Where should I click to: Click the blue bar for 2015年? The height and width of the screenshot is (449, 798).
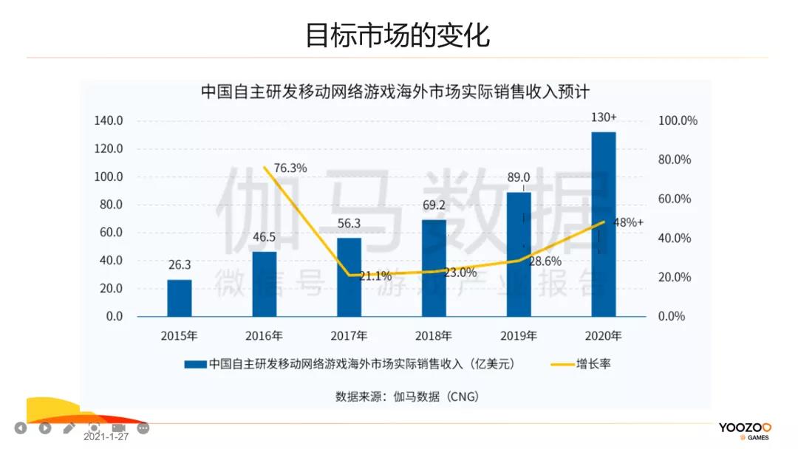tap(180, 298)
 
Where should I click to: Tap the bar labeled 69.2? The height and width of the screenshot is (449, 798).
tap(434, 267)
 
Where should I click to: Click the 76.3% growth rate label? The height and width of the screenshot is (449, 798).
tap(290, 168)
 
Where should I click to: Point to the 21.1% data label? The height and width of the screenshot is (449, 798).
tap(375, 276)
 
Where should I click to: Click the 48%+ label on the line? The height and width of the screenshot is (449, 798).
tap(628, 222)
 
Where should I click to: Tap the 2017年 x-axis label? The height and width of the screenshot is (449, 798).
tap(349, 336)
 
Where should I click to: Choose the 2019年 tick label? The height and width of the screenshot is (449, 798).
tap(519, 336)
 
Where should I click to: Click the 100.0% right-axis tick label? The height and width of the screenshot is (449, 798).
tap(678, 121)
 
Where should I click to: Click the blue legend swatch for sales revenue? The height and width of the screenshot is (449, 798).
tap(195, 364)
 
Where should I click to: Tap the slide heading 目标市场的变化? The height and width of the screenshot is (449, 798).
tap(398, 35)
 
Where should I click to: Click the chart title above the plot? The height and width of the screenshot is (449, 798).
tap(395, 92)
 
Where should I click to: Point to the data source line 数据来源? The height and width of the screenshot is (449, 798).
tap(407, 397)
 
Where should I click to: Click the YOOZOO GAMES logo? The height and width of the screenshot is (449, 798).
tap(744, 431)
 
